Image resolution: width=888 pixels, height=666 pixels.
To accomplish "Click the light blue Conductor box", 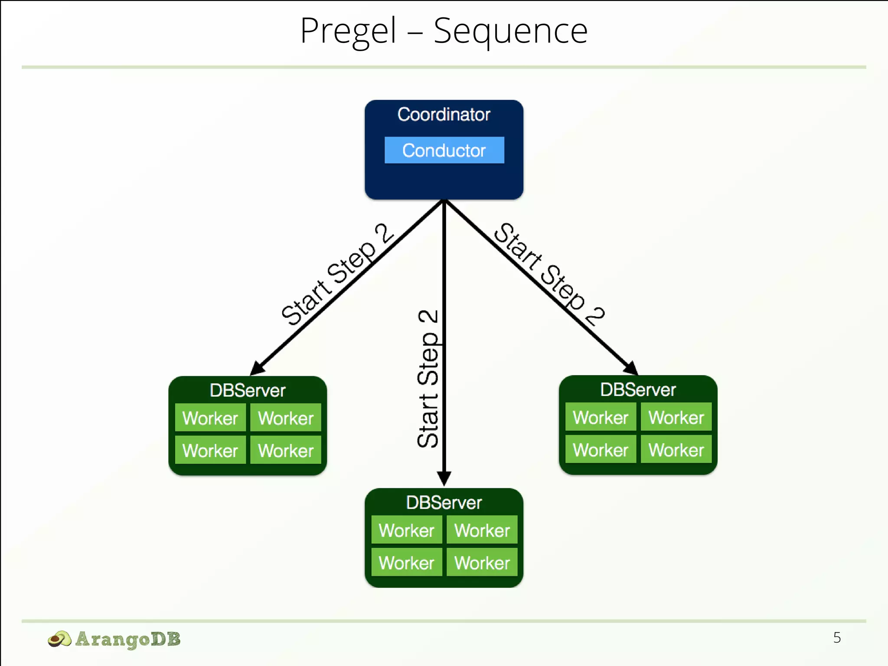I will [x=444, y=150].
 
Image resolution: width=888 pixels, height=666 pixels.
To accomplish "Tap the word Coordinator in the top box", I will [x=444, y=114].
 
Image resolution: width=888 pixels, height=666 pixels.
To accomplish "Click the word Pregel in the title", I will [x=348, y=31].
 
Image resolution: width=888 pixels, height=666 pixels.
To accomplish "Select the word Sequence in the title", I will [x=510, y=31].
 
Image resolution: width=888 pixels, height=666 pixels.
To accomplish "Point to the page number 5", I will [x=836, y=637].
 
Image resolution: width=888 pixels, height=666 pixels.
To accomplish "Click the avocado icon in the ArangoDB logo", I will [x=59, y=639].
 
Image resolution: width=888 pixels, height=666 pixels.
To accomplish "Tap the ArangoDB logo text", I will [x=127, y=639].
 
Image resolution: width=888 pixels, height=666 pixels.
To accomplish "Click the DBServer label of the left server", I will [x=248, y=390].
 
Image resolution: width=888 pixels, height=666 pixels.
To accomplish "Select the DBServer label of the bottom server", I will [x=444, y=503].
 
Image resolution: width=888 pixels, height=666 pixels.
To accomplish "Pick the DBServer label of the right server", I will [x=638, y=389].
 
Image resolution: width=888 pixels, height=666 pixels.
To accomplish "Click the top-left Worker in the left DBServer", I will [x=210, y=418].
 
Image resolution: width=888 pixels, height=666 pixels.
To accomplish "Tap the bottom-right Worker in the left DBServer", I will [x=286, y=451].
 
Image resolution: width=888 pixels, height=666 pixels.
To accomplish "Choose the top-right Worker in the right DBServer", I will [x=676, y=417].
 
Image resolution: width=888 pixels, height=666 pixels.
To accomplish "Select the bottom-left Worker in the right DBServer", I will [x=601, y=450].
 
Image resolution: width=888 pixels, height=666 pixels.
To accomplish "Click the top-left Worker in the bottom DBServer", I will [x=406, y=530].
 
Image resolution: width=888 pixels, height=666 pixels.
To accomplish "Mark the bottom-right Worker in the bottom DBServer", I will [x=482, y=563].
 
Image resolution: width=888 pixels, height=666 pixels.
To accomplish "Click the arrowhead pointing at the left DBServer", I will [x=258, y=368].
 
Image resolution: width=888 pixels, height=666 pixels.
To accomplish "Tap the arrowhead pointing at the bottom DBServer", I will [x=444, y=479].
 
